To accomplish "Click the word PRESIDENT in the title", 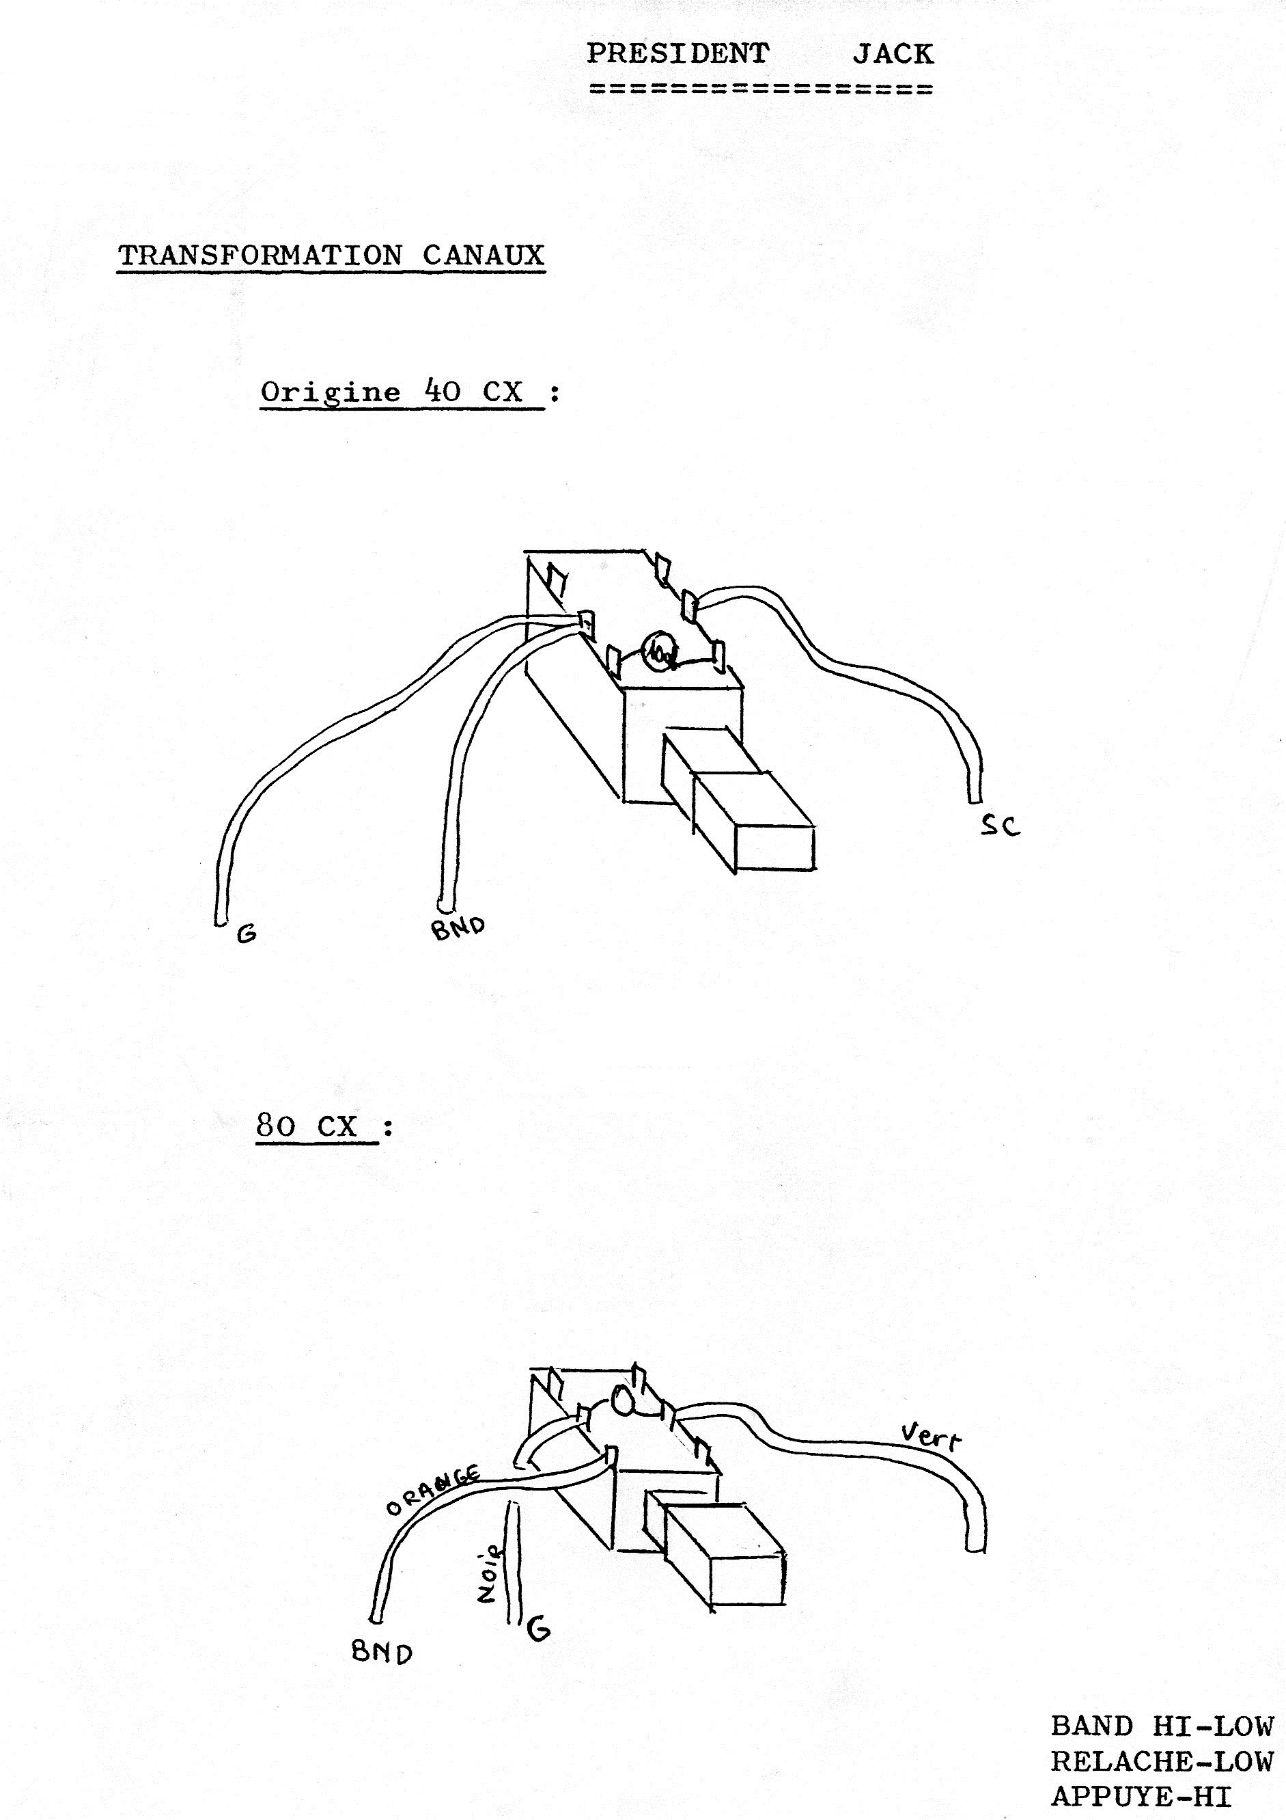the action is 677,54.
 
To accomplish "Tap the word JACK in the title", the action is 893,54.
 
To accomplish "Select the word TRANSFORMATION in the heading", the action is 260,255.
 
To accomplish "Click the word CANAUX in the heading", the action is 484,255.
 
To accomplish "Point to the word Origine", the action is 331,392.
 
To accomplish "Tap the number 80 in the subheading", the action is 275,1126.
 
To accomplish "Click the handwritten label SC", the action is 1000,826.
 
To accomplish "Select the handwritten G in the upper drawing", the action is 247,934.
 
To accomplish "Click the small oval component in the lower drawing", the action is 622,1402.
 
